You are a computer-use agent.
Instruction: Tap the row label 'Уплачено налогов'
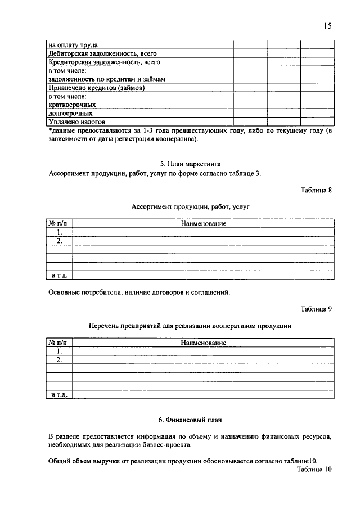[x=77, y=121]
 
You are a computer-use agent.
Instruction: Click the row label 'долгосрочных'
[x=71, y=113]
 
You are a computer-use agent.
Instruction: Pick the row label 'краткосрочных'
[x=72, y=105]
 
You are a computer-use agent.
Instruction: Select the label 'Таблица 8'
[x=317, y=190]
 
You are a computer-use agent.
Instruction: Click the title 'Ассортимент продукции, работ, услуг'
[x=191, y=207]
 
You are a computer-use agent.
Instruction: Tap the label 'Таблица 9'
[x=317, y=309]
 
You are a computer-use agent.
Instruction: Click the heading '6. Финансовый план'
[x=191, y=420]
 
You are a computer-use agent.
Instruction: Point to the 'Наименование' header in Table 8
[x=204, y=224]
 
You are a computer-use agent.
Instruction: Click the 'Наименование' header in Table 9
[x=204, y=343]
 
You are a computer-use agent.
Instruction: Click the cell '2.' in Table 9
[x=59, y=359]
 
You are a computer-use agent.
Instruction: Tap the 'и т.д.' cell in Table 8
[x=59, y=276]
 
